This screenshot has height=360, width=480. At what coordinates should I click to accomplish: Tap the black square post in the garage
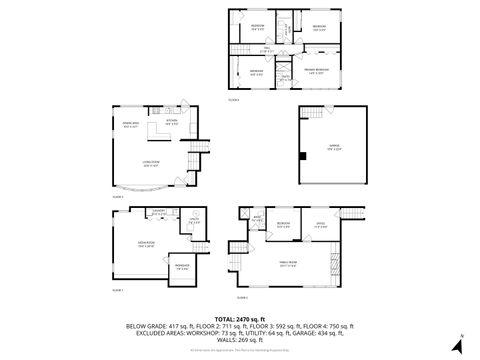tap(300, 155)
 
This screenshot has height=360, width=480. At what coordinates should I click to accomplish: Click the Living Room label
tap(151, 165)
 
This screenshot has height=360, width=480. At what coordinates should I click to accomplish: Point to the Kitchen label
tap(172, 120)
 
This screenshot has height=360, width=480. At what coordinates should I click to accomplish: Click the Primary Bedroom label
tap(318, 71)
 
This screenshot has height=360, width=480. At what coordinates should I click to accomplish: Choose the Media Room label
tap(131, 244)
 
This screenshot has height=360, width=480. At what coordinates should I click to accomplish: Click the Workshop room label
tap(183, 267)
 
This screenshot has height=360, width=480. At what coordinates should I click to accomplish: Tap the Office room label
tap(321, 224)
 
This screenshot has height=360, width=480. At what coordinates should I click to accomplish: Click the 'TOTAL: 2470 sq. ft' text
tap(240, 316)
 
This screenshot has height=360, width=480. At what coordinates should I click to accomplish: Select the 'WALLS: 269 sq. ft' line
tap(240, 340)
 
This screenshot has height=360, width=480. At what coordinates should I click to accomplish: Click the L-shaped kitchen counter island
tap(159, 131)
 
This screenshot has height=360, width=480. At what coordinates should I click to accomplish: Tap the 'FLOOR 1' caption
tap(117, 290)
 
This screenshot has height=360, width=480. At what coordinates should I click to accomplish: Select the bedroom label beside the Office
tap(283, 224)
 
